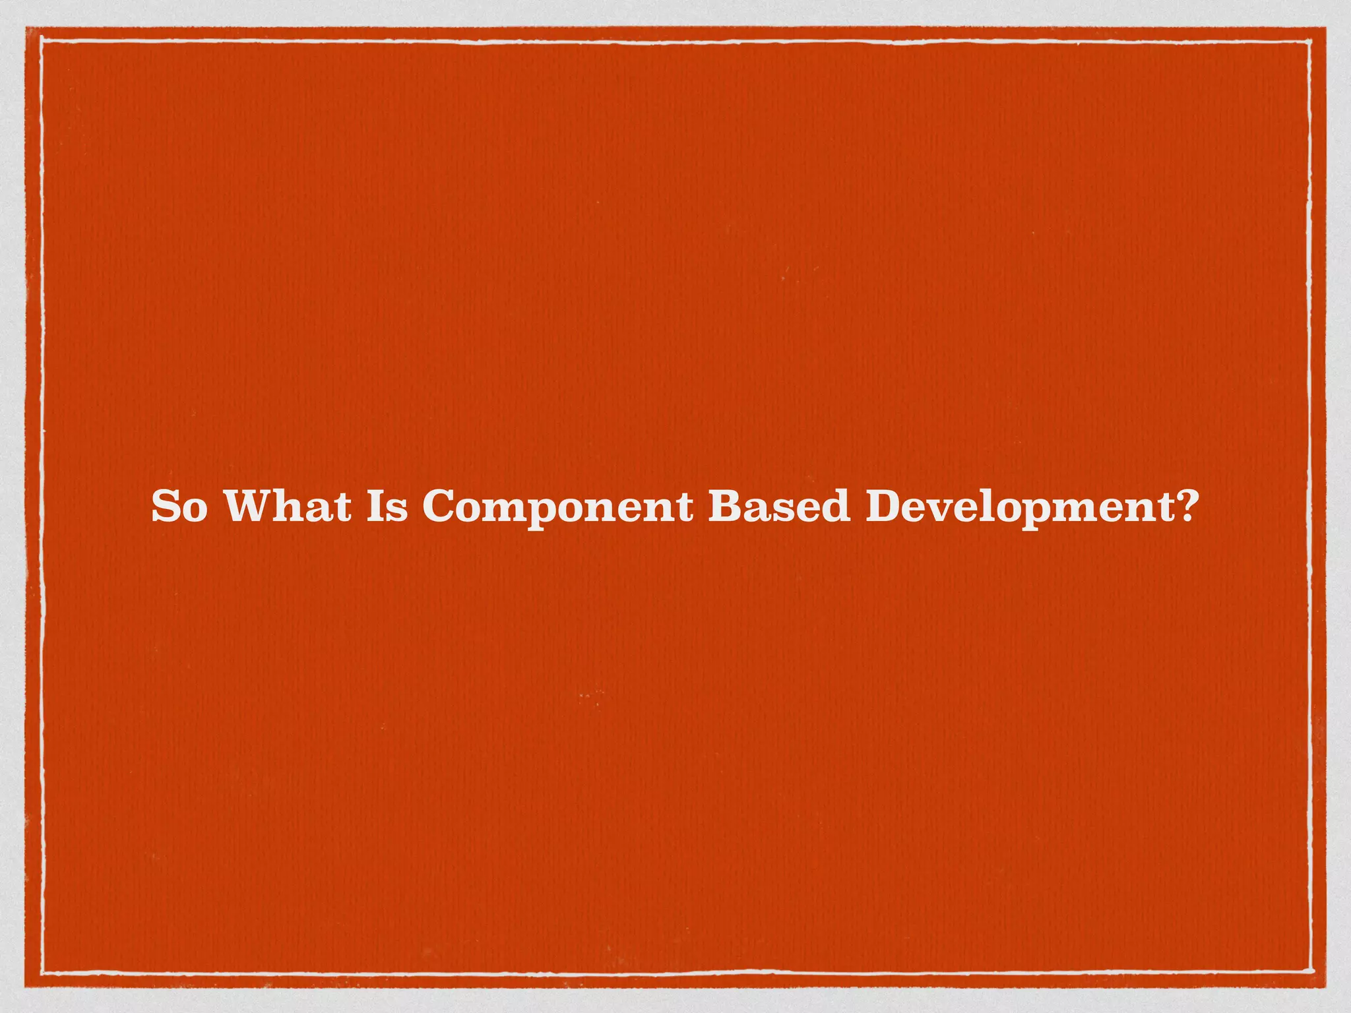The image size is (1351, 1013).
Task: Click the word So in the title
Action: point(179,507)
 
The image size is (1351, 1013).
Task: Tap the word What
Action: point(288,507)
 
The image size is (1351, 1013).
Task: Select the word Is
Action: point(387,507)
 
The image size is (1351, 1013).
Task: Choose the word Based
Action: point(779,507)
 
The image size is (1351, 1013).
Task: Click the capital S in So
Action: point(166,507)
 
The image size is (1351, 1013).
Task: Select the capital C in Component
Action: point(440,507)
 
